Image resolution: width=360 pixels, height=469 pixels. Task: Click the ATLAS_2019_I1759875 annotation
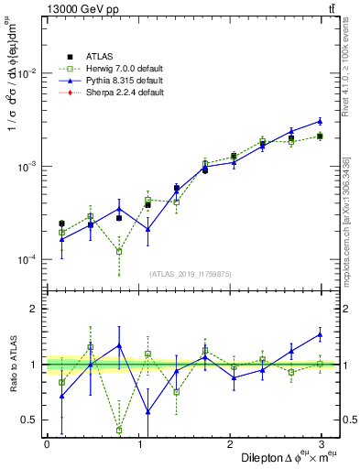point(191,273)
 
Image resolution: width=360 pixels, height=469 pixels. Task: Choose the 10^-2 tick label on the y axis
point(26,74)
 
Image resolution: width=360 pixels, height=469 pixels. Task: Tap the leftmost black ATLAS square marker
point(61,224)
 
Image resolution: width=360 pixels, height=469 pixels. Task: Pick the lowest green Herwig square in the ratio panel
point(119,430)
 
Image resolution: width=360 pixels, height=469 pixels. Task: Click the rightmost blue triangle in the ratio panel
point(320,334)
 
